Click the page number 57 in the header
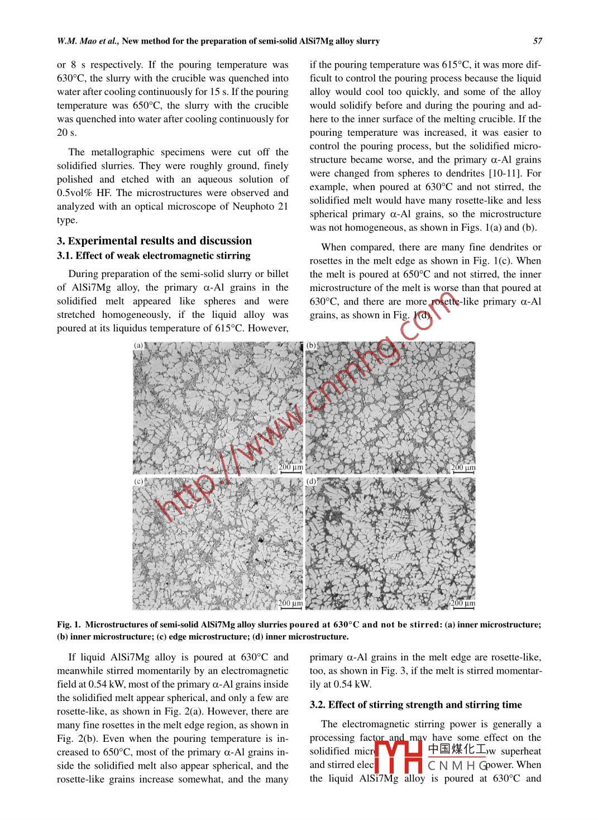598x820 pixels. point(537,41)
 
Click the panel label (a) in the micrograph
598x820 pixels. point(138,346)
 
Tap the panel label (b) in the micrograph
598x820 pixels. point(312,346)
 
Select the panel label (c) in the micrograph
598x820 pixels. point(138,481)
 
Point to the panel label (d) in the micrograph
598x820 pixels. point(312,481)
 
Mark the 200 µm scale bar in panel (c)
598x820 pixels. point(290,605)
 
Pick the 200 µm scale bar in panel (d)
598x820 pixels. point(463,605)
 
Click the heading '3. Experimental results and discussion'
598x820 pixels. point(154,241)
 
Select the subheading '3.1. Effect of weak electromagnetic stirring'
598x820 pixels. point(154,256)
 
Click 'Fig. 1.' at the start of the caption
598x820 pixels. point(69,624)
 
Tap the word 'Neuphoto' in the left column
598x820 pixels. point(251,206)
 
